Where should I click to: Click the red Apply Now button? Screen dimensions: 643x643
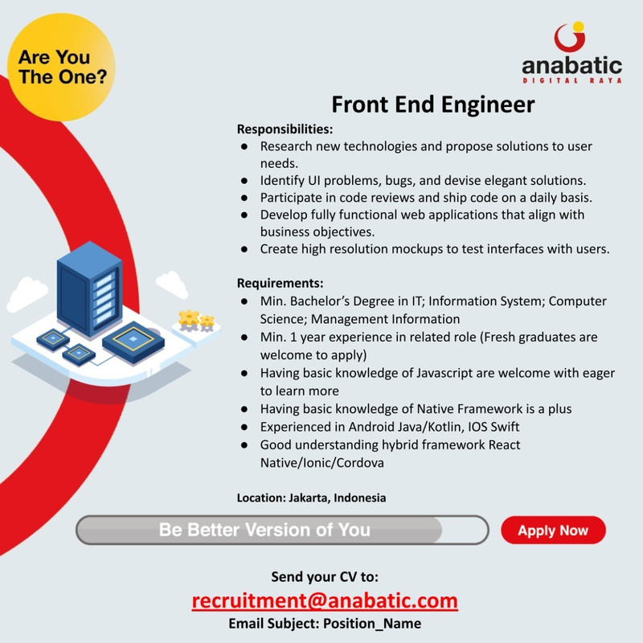click(x=553, y=530)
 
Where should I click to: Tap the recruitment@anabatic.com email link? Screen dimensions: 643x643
click(x=325, y=600)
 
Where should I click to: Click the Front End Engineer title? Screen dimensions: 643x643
click(x=433, y=104)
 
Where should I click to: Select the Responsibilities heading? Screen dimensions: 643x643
click(x=285, y=129)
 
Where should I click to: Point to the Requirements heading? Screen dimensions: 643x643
click(x=280, y=284)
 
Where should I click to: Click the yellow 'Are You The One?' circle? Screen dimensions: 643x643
click(x=62, y=68)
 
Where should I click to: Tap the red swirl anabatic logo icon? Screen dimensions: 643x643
click(x=570, y=36)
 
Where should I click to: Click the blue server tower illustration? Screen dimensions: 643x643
click(x=89, y=289)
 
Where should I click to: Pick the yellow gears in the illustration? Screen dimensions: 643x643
click(x=196, y=320)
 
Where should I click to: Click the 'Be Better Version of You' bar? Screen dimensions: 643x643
click(x=282, y=530)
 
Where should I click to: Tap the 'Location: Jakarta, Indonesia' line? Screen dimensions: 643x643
click(x=311, y=498)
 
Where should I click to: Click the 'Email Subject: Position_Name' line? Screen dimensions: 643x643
click(x=325, y=624)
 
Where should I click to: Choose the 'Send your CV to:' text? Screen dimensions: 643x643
click(x=325, y=577)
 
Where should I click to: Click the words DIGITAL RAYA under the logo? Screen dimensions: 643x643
click(x=572, y=81)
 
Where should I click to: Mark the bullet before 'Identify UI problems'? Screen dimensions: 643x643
click(x=244, y=180)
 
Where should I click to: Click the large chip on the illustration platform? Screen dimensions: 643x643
click(x=133, y=342)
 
